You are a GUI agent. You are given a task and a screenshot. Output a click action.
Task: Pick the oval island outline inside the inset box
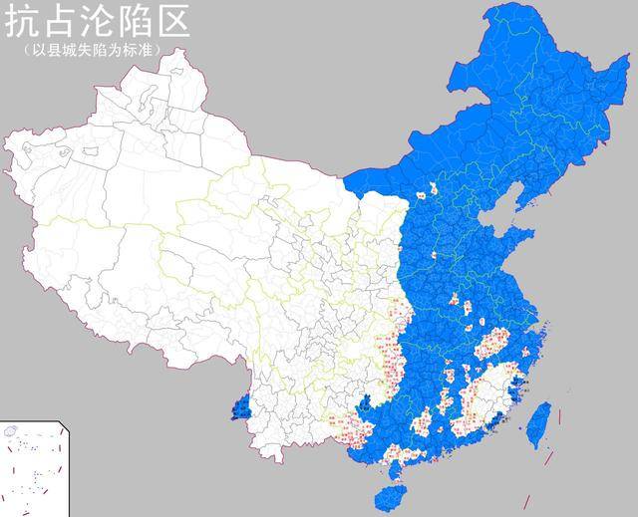click(x=12, y=431)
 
